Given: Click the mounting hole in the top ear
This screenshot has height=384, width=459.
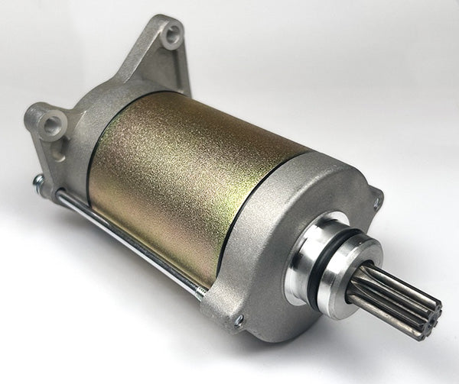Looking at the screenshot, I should coord(174,34).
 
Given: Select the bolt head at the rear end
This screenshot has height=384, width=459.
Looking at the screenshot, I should coord(37,181).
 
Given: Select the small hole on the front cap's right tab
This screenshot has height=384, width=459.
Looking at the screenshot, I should coord(376,202).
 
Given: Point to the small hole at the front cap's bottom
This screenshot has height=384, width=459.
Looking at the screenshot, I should coord(238,320).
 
